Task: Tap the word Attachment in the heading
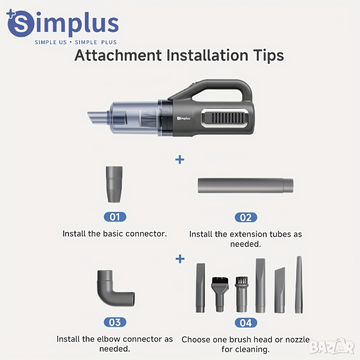click(x=118, y=55)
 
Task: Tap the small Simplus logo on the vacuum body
click(x=184, y=118)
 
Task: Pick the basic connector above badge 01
click(x=114, y=184)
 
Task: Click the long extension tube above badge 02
click(x=246, y=186)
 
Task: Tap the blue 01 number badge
click(x=115, y=217)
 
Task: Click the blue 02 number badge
click(x=246, y=217)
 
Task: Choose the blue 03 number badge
click(x=115, y=322)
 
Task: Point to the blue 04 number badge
click(x=246, y=323)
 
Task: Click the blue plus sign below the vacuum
click(x=180, y=159)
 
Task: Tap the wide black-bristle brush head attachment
click(x=220, y=294)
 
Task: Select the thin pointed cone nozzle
click(x=299, y=285)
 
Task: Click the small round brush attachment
click(x=241, y=294)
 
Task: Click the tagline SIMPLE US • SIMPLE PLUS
click(x=75, y=42)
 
